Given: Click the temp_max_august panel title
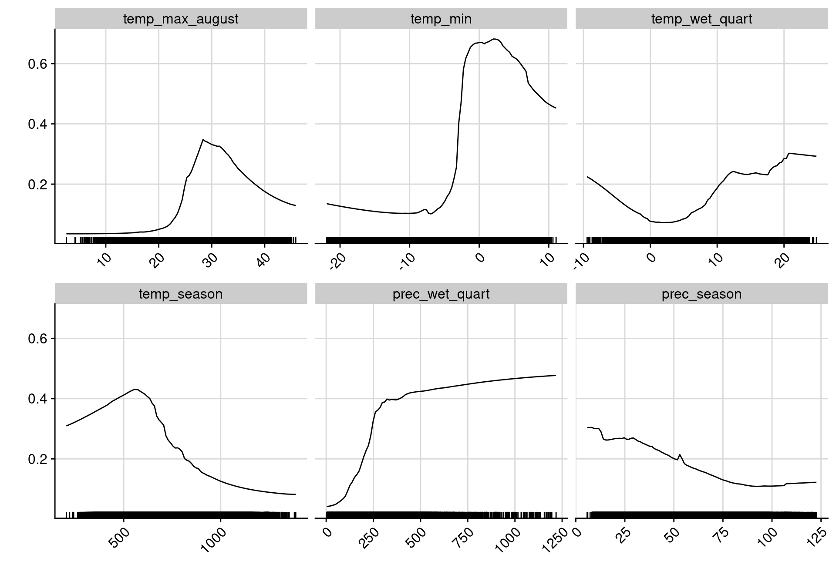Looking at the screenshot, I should (x=181, y=19).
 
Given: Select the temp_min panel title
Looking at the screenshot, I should (x=441, y=19).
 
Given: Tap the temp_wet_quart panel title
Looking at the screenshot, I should (x=701, y=19).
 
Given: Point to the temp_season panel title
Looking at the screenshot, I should (x=181, y=294).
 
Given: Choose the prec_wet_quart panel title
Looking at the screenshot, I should (x=441, y=294).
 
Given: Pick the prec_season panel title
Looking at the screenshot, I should (x=701, y=294).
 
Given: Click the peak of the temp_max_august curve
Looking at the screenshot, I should (x=203, y=140).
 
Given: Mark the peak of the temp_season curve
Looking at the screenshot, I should (x=136, y=389).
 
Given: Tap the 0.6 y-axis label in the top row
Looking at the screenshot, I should (x=37, y=64).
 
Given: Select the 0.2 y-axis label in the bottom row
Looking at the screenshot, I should (x=37, y=459).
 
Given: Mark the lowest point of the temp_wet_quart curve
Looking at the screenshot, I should (x=664, y=222).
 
